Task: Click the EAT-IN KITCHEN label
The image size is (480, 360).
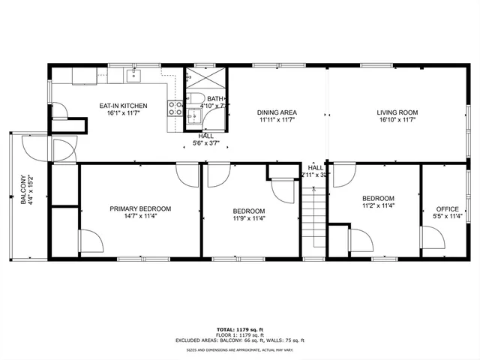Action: (123, 106)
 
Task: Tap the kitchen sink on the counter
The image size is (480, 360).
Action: (136, 74)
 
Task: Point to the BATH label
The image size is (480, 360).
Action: (215, 99)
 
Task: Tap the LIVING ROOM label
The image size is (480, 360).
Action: (397, 112)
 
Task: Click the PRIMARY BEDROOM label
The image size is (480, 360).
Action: (140, 208)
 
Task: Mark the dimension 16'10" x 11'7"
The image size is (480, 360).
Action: (397, 120)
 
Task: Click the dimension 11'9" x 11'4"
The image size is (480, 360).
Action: (248, 219)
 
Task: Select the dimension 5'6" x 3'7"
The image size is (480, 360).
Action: (205, 142)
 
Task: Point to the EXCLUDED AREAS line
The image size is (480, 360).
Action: (240, 340)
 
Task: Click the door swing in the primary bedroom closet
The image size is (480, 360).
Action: (91, 243)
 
